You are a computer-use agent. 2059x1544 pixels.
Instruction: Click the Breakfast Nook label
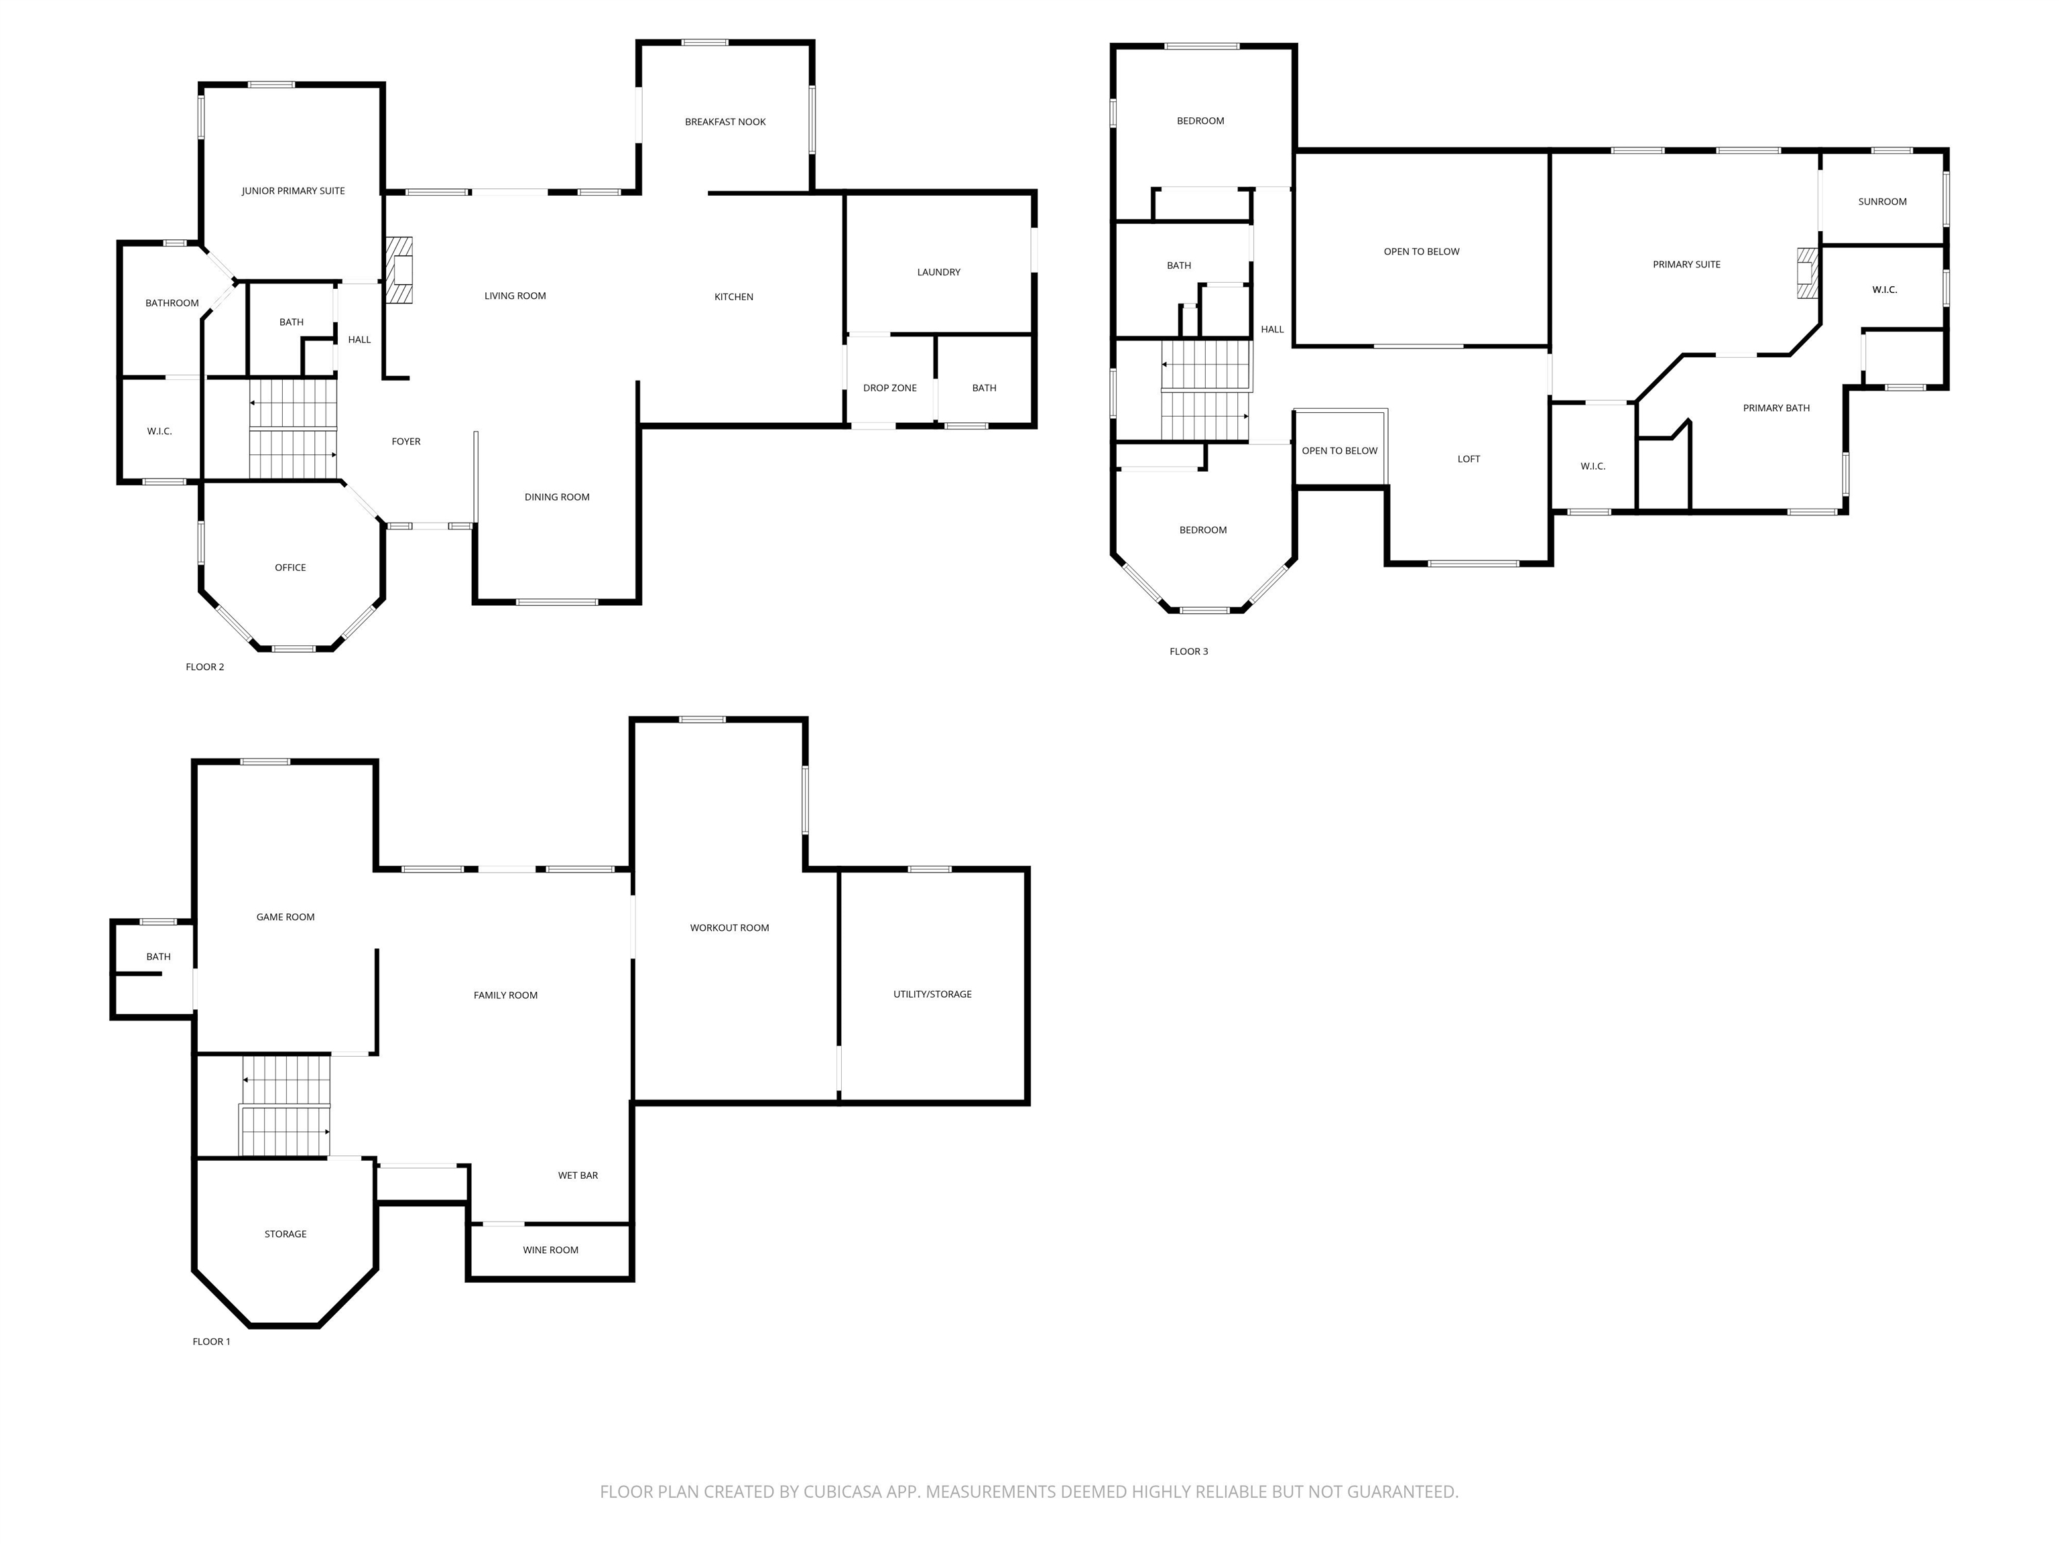[725, 122]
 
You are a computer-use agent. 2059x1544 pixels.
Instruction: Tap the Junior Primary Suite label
[293, 191]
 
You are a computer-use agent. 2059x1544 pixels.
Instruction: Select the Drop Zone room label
[890, 388]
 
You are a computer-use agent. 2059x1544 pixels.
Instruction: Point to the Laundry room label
[938, 273]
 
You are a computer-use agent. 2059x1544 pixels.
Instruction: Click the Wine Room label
[550, 1250]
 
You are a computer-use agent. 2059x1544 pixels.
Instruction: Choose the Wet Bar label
[578, 1175]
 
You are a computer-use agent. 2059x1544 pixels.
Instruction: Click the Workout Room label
[730, 928]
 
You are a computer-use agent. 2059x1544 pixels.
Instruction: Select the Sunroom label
[1882, 202]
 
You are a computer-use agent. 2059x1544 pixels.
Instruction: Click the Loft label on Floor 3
[1469, 459]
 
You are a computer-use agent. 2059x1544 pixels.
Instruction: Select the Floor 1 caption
[211, 1341]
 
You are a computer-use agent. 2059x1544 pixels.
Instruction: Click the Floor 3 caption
[1188, 651]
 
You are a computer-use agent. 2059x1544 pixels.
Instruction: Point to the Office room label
[290, 568]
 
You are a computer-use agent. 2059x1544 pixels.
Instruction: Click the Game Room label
[286, 917]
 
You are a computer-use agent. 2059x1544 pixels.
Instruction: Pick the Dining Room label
[556, 497]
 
